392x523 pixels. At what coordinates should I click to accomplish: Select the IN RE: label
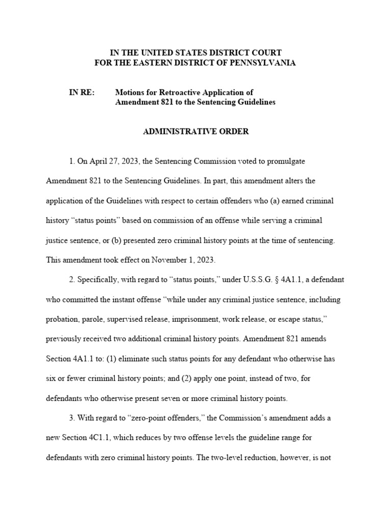82,92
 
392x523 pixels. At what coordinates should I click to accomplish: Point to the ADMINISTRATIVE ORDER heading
196,131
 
